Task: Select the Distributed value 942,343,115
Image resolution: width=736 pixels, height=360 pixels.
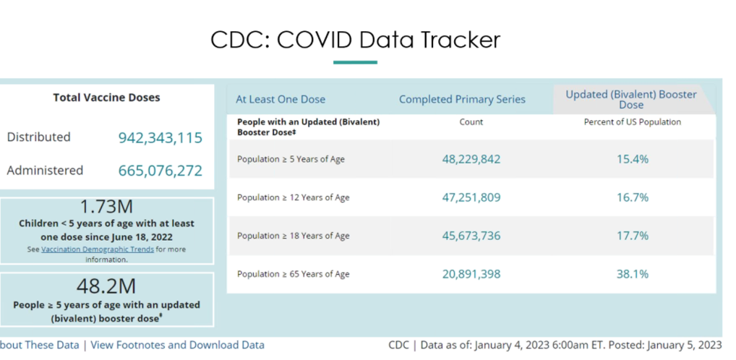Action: pos(160,137)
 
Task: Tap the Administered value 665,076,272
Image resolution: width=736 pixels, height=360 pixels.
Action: pos(160,171)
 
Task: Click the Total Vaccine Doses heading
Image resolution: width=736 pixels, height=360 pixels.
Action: pos(106,98)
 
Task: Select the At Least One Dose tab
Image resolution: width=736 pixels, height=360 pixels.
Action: pos(281,99)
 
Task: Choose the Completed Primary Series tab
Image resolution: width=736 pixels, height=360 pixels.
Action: pos(462,99)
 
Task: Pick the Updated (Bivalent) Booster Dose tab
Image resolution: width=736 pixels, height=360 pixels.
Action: pos(630,100)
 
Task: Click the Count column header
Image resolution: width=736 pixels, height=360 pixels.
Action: pos(471,122)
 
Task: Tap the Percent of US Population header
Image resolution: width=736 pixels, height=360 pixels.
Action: pos(632,122)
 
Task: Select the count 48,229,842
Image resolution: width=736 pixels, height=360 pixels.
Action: pos(471,159)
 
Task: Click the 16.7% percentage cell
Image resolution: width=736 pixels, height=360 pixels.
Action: pos(632,197)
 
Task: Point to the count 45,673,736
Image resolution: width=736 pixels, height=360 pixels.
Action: pos(471,236)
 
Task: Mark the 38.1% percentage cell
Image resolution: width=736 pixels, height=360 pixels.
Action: pos(632,274)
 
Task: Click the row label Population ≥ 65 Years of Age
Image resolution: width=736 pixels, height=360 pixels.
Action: pos(293,274)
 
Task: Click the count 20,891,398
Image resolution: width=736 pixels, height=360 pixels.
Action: pos(471,274)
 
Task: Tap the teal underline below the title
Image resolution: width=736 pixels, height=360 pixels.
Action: pos(355,63)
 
